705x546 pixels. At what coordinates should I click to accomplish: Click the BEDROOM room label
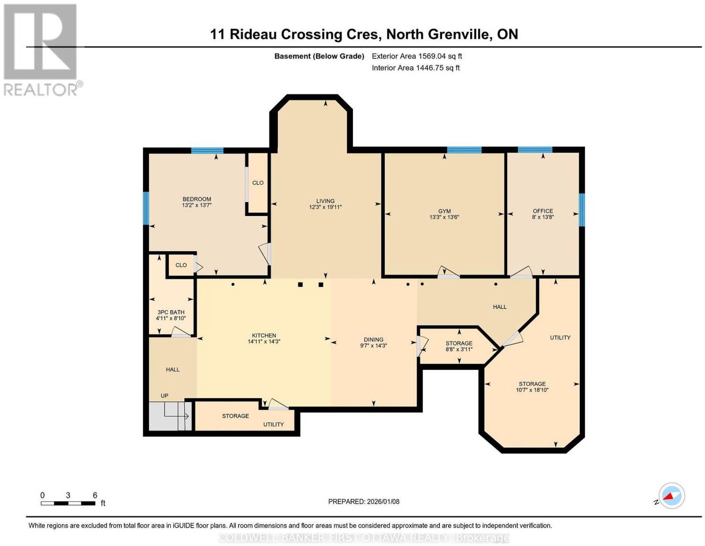(x=197, y=199)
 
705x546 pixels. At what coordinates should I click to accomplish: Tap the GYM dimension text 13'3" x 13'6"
(x=444, y=217)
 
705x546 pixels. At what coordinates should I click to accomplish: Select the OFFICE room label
(x=543, y=211)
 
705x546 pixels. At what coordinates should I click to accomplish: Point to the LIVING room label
(x=326, y=201)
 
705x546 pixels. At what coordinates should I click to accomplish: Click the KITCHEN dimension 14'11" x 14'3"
(x=264, y=341)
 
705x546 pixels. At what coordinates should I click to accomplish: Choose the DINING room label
(x=373, y=339)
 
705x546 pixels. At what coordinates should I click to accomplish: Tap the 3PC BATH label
(x=171, y=312)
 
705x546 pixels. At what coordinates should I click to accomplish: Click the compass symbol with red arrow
(x=672, y=496)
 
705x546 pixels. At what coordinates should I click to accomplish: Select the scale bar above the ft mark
(x=68, y=504)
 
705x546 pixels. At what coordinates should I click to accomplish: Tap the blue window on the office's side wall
(x=582, y=210)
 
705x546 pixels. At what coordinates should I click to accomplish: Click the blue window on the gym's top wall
(x=464, y=150)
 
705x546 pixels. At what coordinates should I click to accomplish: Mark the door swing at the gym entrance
(x=449, y=272)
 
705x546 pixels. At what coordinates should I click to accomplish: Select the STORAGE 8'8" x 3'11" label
(x=459, y=346)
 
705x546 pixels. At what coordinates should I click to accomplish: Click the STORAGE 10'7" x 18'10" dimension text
(x=532, y=390)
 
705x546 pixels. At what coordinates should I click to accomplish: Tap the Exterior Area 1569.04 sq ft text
(x=417, y=56)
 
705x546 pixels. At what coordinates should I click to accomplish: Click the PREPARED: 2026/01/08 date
(x=364, y=501)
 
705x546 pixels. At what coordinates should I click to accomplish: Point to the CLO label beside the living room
(x=258, y=182)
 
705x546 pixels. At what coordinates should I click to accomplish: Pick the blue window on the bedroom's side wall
(x=146, y=208)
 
